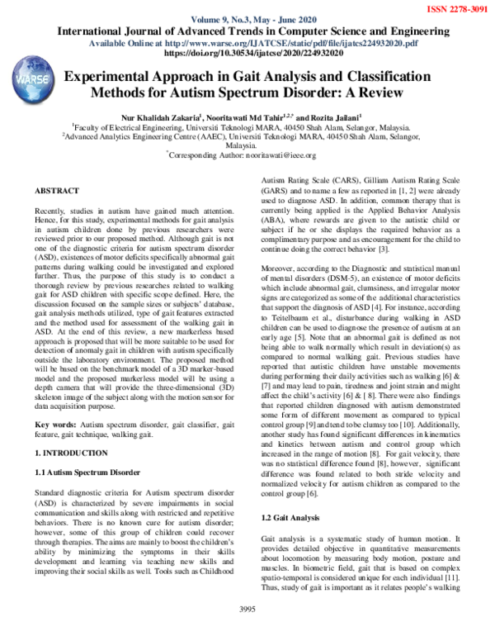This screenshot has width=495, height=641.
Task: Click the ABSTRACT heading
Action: pos(56,191)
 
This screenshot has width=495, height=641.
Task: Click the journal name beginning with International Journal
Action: pos(247,31)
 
